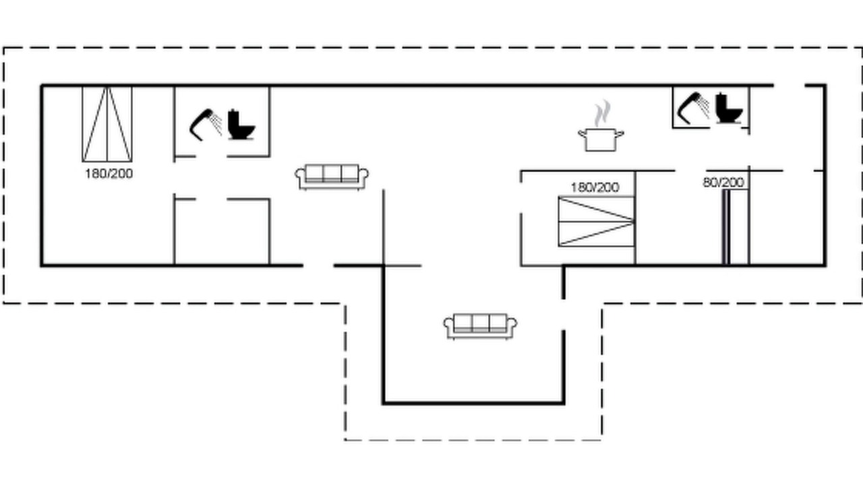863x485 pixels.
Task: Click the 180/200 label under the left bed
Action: (109, 174)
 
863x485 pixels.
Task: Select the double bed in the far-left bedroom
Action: (107, 124)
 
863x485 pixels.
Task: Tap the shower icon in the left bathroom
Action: (206, 125)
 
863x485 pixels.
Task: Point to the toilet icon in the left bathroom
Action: (241, 125)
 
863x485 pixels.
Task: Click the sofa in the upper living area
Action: (332, 177)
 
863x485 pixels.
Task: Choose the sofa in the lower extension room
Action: (481, 327)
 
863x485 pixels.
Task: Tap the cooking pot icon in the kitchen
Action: (601, 140)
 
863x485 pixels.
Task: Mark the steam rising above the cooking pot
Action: (602, 114)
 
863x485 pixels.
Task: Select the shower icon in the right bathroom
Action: (694, 108)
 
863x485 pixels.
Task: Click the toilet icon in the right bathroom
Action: (729, 108)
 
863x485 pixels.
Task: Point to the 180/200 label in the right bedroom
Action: (595, 187)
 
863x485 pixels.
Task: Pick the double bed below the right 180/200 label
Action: (597, 222)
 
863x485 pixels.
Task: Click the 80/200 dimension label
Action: (723, 182)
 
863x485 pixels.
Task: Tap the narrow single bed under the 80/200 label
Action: (736, 227)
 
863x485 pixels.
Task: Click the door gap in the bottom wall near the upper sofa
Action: (318, 265)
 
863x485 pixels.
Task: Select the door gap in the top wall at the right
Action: (790, 85)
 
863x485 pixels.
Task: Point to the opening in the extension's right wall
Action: (563, 314)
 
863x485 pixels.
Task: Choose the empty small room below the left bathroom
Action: (222, 232)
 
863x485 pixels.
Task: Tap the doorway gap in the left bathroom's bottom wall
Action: (211, 156)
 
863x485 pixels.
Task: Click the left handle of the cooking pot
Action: (582, 133)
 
